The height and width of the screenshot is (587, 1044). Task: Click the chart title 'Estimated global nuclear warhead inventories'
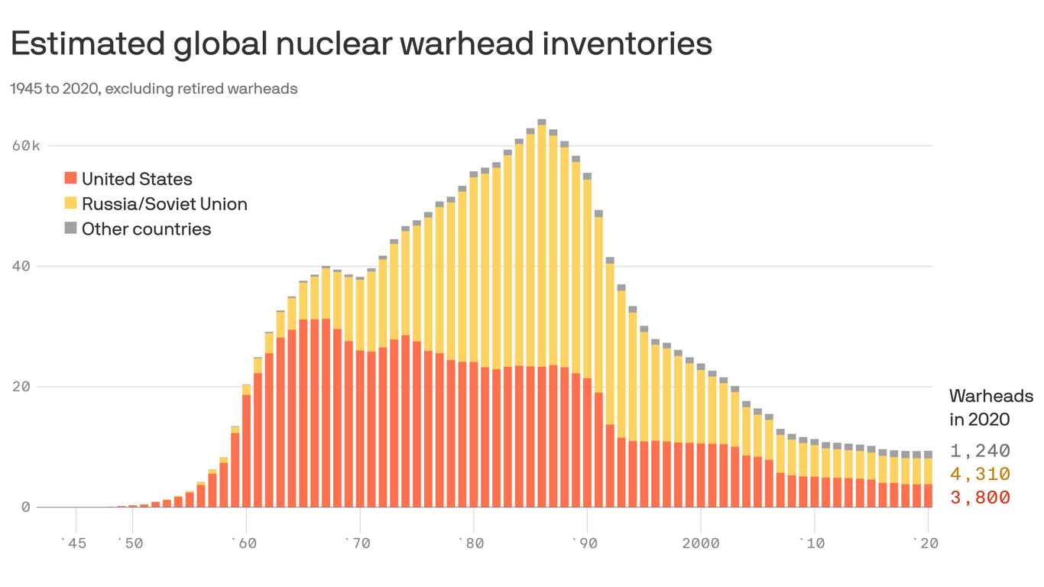[361, 44]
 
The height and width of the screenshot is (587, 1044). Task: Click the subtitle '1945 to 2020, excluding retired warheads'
[154, 89]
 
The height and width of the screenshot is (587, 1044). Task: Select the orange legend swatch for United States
[70, 179]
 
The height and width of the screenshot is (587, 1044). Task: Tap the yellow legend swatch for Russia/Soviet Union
[70, 203]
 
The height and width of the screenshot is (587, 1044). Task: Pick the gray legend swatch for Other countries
[70, 228]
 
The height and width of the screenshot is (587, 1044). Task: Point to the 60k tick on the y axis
[25, 146]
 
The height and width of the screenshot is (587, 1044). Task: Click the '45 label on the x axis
[73, 543]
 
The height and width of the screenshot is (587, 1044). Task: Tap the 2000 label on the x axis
[701, 543]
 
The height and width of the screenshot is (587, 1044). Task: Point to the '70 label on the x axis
[358, 543]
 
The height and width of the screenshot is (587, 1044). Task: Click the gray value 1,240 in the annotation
[980, 451]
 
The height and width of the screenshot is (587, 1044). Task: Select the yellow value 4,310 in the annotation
[980, 474]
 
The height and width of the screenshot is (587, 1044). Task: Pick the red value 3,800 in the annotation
[980, 498]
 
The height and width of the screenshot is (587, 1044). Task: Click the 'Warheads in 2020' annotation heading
[991, 407]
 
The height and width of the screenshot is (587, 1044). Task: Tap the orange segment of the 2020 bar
[928, 495]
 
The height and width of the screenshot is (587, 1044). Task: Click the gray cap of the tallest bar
[541, 122]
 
